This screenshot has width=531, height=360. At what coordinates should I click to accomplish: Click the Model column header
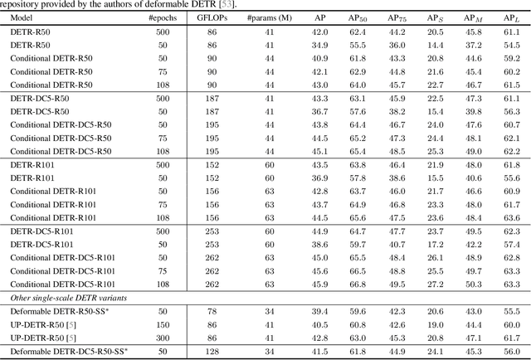pos(22,17)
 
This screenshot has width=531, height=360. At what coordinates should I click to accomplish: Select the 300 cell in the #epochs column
pos(167,338)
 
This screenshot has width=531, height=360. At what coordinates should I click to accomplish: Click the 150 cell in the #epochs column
pos(167,325)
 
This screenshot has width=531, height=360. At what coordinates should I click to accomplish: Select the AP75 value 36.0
pos(397,45)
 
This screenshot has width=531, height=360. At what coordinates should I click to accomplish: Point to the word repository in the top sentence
pos(26,3)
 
